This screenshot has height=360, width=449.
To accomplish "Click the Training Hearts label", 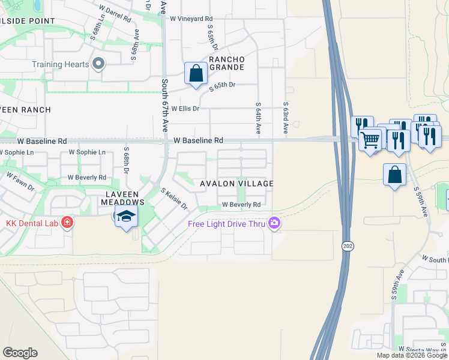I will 60,64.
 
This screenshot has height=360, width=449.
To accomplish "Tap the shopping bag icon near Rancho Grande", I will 196,74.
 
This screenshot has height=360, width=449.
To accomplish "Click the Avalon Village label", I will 237,184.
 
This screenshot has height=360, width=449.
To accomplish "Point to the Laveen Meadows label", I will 122,199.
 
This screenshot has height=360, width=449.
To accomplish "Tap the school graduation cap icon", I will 127,217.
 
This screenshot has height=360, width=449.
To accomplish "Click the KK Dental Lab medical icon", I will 67,223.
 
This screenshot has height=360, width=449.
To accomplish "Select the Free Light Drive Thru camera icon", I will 274,224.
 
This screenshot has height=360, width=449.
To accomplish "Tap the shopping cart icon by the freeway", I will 371,140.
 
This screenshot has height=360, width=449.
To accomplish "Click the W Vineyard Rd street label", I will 191,19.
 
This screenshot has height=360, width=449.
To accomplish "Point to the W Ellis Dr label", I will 185,109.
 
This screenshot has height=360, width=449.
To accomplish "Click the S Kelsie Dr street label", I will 174,199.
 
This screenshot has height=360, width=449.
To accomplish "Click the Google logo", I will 20,353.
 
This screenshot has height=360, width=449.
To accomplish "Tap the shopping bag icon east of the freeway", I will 395,175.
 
